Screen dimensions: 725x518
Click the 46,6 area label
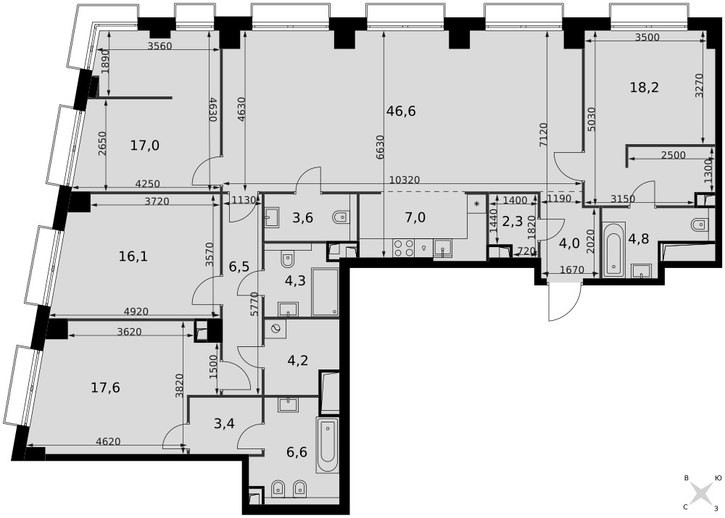(x=401, y=111)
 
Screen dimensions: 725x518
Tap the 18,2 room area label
(x=644, y=87)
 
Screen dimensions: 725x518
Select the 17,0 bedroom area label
(x=145, y=146)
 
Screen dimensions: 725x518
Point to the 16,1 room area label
(x=133, y=256)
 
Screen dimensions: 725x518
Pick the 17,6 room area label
(x=105, y=387)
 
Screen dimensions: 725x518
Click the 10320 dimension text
(x=405, y=180)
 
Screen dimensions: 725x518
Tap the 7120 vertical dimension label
(x=543, y=135)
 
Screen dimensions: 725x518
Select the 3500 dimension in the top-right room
(x=647, y=38)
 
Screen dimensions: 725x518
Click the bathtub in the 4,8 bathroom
(x=613, y=249)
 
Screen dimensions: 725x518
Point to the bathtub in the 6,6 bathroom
(x=328, y=445)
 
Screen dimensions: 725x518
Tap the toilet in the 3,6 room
(x=341, y=217)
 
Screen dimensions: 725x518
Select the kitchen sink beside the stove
(x=442, y=248)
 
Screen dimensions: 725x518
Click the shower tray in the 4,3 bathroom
(x=325, y=291)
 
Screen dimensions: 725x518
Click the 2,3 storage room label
(x=513, y=222)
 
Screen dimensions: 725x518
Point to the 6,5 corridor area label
(x=239, y=266)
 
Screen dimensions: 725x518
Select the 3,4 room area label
(x=224, y=423)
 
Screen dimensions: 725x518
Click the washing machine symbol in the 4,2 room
(x=275, y=329)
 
